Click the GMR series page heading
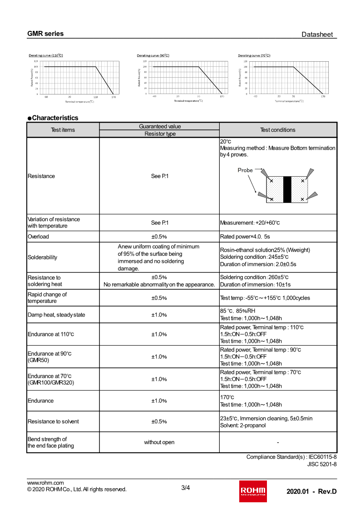pos(45,34)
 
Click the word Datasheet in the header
pos(317,35)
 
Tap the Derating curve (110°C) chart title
pos(46,55)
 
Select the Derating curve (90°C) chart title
pos(153,55)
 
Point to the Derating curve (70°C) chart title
pos(254,55)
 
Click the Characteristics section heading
pos(53,118)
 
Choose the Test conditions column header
pos(277,130)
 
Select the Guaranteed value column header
pos(160,126)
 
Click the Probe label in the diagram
pos(245,170)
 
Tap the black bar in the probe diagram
pos(287,189)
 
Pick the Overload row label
pos(38,237)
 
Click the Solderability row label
pos(42,257)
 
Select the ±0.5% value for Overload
pos(159,237)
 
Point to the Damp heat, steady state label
pos(56,315)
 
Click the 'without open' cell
pos(159,442)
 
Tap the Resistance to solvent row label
pos(53,421)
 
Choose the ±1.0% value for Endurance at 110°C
pos(159,334)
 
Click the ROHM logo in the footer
pos(253,491)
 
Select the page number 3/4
pos(185,488)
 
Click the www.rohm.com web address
pos(45,483)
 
